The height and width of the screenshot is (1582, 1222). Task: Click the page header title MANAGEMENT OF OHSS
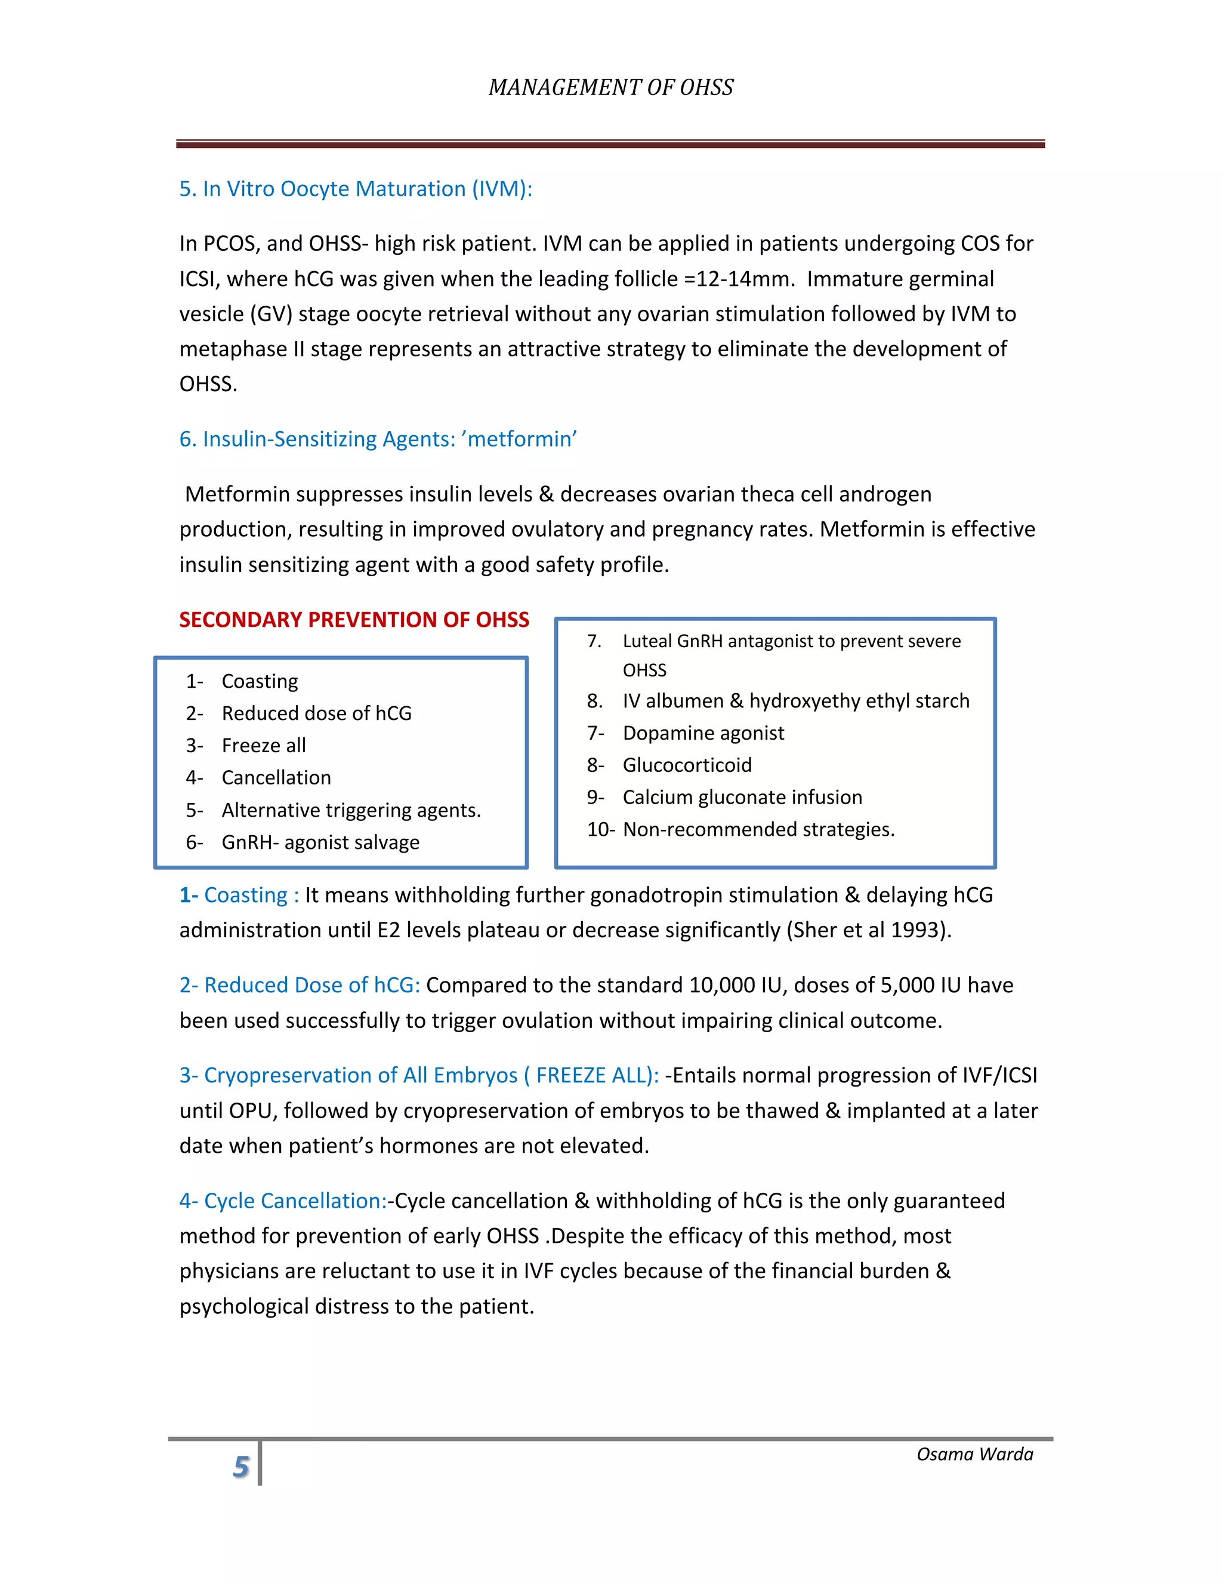click(610, 88)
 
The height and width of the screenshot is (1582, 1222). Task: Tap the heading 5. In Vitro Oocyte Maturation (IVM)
click(356, 189)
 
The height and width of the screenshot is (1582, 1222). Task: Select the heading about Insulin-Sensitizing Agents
click(378, 439)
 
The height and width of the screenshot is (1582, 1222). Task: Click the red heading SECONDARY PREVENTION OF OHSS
click(354, 620)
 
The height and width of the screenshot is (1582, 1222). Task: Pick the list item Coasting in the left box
click(259, 682)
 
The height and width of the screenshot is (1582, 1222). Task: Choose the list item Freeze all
click(264, 746)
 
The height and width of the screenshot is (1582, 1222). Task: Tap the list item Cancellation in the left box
click(276, 778)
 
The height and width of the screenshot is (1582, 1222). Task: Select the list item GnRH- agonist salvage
click(320, 842)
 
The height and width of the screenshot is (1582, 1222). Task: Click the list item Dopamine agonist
click(703, 733)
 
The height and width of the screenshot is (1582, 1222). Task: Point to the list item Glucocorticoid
click(687, 766)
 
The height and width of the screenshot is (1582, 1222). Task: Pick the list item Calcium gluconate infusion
click(742, 798)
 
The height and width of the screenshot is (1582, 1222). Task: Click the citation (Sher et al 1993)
click(868, 930)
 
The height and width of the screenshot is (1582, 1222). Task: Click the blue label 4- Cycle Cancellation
click(282, 1201)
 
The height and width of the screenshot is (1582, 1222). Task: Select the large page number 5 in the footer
click(241, 1467)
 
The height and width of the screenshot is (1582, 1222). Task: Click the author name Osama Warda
click(974, 1454)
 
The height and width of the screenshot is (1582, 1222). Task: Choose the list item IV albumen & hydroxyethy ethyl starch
click(795, 701)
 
